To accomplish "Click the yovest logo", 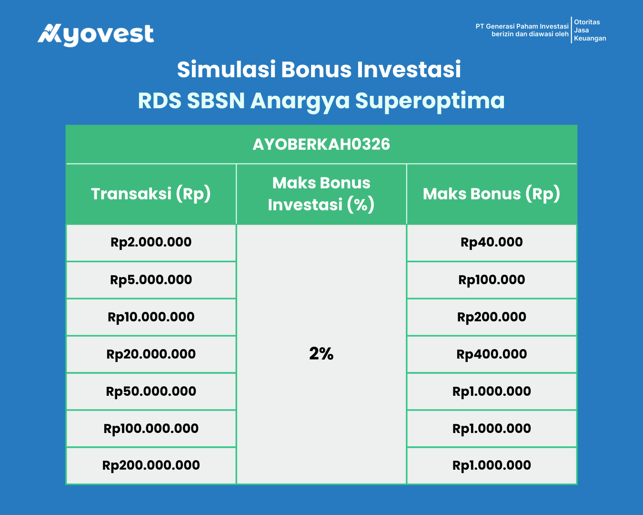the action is (x=96, y=35).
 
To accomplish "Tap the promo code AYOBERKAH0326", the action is (x=321, y=144).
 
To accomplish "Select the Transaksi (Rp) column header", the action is (x=151, y=194).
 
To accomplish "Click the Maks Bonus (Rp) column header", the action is (x=492, y=194).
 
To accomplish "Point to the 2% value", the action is (x=321, y=354).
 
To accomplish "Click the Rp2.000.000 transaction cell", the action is (x=151, y=242).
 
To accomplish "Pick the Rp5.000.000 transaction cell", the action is (x=151, y=280).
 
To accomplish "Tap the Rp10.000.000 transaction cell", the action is (x=151, y=317).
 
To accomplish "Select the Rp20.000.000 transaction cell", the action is (x=151, y=354).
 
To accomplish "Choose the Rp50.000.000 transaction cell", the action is (x=151, y=391).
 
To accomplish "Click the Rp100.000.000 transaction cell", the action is (x=151, y=429).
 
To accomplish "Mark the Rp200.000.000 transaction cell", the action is (x=151, y=465).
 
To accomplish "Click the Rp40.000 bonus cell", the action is (x=492, y=242).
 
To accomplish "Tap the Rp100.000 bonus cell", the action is (x=492, y=280).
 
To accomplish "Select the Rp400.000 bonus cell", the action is (x=492, y=354).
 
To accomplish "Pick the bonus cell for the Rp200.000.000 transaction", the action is (x=492, y=465).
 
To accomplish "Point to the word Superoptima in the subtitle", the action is (x=430, y=101).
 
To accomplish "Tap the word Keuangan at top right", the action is (x=590, y=38).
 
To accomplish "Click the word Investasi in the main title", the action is (x=409, y=70).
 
